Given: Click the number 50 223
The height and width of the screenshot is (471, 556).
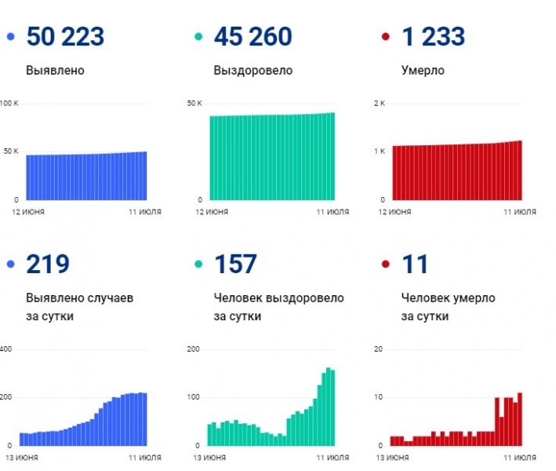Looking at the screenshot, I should click(65, 37).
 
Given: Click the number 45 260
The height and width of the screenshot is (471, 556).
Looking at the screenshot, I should click(253, 37).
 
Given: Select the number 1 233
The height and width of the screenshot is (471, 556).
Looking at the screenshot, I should click(433, 37).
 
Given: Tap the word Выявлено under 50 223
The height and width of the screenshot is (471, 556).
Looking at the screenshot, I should click(55, 71).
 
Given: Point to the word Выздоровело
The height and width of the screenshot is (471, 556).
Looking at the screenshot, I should click(253, 71).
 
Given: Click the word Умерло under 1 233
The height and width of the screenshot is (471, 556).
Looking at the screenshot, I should click(423, 71).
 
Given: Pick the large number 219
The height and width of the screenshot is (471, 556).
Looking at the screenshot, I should click(48, 265).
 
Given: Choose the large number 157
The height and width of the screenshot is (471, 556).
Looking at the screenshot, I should click(235, 265).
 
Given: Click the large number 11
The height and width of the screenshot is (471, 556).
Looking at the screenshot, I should click(415, 265).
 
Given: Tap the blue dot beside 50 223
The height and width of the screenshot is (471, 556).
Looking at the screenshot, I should click(10, 37).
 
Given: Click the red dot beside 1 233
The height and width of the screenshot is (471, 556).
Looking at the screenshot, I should click(385, 37).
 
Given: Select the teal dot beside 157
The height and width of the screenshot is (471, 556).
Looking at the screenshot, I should click(198, 265).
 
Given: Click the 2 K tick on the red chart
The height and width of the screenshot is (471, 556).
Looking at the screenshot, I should click(380, 104).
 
